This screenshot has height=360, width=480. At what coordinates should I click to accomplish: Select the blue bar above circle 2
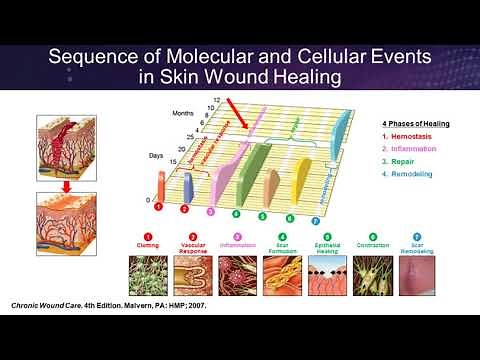coord(187,185)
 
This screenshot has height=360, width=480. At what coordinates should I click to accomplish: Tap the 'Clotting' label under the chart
coord(146,245)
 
